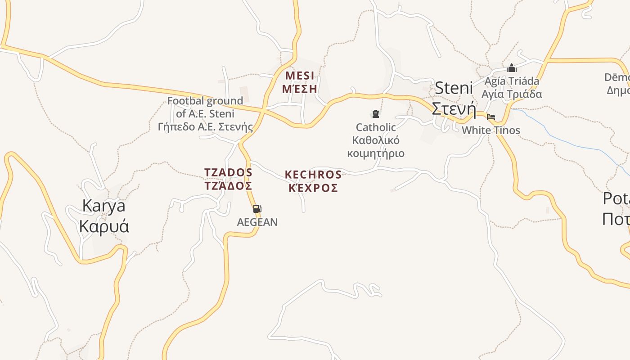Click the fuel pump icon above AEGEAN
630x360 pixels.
[257, 209]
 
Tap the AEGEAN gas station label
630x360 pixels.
[257, 222]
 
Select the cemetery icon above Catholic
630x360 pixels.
[375, 114]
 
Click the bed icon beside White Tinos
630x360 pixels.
[491, 117]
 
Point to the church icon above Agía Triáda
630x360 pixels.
[511, 68]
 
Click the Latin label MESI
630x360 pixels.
[300, 75]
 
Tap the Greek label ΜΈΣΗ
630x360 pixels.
[300, 89]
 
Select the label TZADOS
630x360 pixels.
[228, 172]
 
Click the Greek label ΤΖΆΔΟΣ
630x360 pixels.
[228, 186]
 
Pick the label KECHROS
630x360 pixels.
[313, 175]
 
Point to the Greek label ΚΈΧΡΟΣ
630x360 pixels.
[313, 188]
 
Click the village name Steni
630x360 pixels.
[454, 88]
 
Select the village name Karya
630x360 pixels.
[103, 206]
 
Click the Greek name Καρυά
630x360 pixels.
[104, 226]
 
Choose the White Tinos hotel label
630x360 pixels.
[491, 130]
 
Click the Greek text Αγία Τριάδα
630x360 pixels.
[512, 94]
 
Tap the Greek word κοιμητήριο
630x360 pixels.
[376, 153]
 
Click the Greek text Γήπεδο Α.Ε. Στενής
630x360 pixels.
[205, 127]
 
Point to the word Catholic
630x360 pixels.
[376, 127]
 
